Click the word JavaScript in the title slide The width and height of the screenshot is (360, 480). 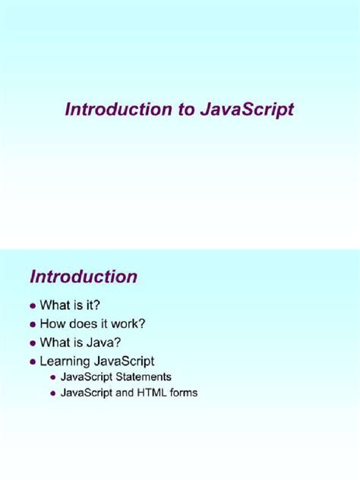point(247,109)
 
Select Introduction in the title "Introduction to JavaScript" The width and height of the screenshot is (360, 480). point(118,109)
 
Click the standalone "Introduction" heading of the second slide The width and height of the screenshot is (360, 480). point(84,276)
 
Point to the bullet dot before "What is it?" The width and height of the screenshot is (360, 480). point(32,305)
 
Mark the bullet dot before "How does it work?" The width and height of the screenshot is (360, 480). point(32,324)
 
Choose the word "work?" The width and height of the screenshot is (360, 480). point(127,323)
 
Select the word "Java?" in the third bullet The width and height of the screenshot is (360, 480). point(104,341)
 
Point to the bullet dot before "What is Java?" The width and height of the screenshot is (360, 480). point(32,342)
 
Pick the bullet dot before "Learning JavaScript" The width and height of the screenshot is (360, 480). point(32,360)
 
